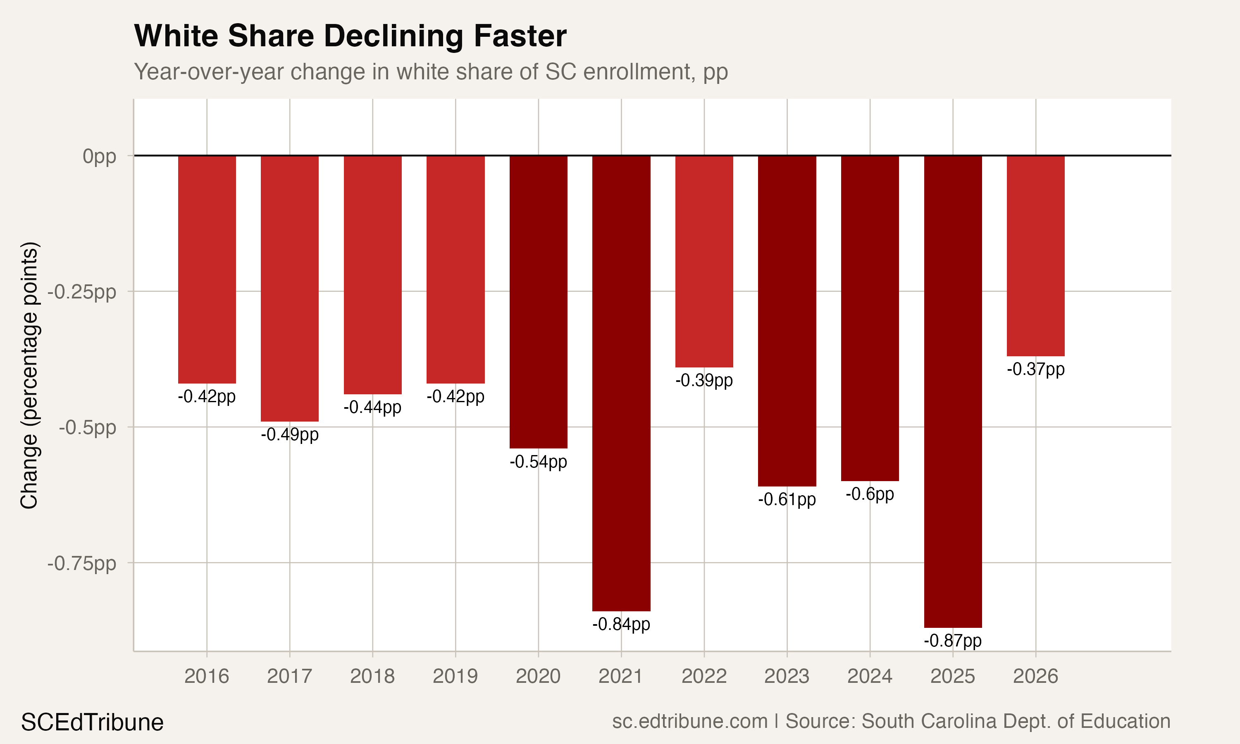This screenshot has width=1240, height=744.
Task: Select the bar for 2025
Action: pos(952,391)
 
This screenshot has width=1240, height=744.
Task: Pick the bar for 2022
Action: pos(704,261)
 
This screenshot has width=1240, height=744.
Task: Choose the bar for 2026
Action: pos(1035,256)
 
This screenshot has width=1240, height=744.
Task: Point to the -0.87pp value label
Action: pos(952,641)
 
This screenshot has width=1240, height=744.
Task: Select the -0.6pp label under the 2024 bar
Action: pos(870,494)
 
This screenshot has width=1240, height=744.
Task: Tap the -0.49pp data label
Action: pos(290,434)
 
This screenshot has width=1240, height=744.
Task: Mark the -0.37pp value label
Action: pos(1035,370)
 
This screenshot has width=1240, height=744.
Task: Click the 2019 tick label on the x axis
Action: pos(455,676)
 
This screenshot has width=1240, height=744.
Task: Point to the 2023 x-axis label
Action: pos(787,676)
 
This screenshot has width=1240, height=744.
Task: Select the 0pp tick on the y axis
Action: pos(99,156)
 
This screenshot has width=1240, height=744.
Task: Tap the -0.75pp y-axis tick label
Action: pos(82,563)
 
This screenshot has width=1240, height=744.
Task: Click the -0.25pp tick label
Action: pos(82,292)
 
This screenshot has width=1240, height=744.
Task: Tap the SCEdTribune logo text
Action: pos(92,723)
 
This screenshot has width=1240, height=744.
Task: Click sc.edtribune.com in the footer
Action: pos(690,721)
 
